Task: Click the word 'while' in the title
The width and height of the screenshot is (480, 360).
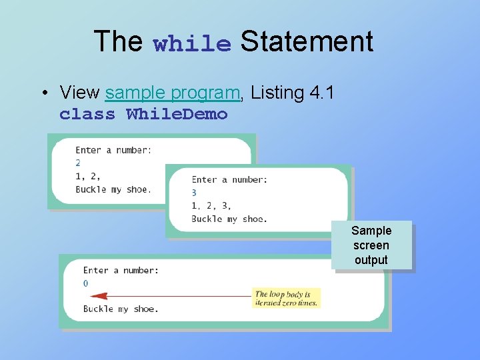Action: [192, 44]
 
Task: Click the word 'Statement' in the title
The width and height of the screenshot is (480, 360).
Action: [307, 41]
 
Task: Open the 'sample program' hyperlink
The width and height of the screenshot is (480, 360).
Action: [173, 93]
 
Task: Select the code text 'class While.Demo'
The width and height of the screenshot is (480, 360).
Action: [143, 114]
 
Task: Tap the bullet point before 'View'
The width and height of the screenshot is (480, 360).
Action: [43, 93]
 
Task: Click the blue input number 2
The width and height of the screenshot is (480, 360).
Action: [78, 163]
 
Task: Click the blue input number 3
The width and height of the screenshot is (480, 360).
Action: [194, 193]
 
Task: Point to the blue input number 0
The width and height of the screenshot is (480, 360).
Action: [85, 283]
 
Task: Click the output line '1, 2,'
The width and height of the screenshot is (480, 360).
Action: [88, 176]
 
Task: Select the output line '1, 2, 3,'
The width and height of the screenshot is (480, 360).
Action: [211, 206]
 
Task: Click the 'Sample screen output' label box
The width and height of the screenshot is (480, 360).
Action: [371, 245]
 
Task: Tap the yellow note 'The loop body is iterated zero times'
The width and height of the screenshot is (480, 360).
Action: [287, 298]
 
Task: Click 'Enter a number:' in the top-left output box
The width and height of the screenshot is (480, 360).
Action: [113, 150]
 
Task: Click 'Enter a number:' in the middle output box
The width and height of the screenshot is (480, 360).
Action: [229, 179]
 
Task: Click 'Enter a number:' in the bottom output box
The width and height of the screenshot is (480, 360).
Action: [121, 270]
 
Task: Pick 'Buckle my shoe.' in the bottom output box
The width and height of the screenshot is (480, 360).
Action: [121, 309]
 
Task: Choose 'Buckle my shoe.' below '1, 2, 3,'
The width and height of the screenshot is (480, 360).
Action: [229, 219]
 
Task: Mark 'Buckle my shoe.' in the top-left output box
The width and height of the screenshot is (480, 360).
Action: [113, 189]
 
